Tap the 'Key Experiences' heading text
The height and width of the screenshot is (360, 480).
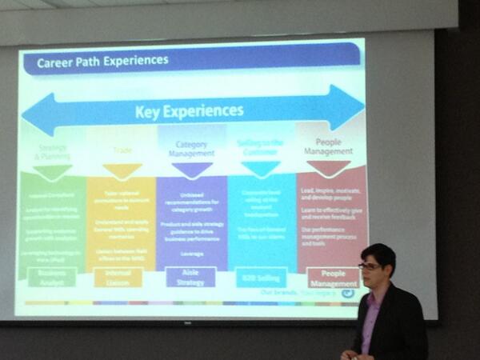pyautogui.click(x=189, y=110)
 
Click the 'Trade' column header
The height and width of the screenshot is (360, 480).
pyautogui.click(x=122, y=150)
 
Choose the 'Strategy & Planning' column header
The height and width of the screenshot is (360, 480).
pyautogui.click(x=53, y=153)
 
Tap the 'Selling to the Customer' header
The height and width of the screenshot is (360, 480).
pyautogui.click(x=261, y=144)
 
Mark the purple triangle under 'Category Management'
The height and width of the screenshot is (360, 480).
pyautogui.click(x=192, y=170)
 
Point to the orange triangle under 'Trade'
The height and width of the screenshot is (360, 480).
pyautogui.click(x=122, y=170)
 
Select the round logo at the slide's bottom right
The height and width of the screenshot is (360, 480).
pyautogui.click(x=347, y=293)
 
